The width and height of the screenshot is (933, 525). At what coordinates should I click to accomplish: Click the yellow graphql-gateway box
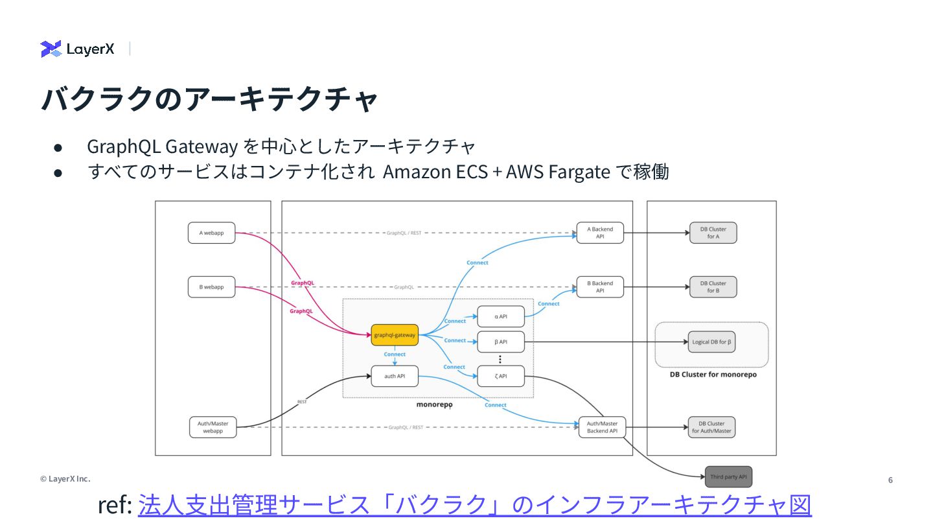coord(395,335)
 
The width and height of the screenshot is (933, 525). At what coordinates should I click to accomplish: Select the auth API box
coord(395,376)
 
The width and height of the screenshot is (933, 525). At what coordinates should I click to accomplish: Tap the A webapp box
coord(211,233)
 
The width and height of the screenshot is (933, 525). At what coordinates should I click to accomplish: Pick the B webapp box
coord(211,287)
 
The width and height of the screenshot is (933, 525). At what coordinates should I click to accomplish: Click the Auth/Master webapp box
coord(213,427)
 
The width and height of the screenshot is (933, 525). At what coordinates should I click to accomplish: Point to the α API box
coord(501,316)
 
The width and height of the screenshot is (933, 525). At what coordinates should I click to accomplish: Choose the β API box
coord(501,342)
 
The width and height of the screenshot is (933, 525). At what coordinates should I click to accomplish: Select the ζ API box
coord(501,376)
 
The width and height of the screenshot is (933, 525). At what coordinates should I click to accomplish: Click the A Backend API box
coord(600,233)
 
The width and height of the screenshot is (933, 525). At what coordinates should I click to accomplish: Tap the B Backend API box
coord(600,287)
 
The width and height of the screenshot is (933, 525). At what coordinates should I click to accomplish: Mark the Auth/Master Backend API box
coord(602,427)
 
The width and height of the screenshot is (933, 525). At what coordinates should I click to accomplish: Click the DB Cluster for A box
coord(713,233)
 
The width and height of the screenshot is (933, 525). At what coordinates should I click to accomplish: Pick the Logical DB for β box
coord(711,342)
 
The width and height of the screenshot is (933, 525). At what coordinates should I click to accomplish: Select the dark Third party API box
coord(728,477)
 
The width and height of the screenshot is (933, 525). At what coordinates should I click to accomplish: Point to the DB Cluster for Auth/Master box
coord(711,427)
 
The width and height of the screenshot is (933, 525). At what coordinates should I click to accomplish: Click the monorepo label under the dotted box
coord(434,404)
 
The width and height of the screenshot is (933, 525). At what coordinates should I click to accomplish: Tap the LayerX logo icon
coord(51,49)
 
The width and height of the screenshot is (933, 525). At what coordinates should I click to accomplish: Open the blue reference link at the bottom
coord(474,505)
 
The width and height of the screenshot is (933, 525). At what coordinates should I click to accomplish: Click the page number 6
coord(890,480)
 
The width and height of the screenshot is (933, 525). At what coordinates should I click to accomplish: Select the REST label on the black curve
coord(302,402)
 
